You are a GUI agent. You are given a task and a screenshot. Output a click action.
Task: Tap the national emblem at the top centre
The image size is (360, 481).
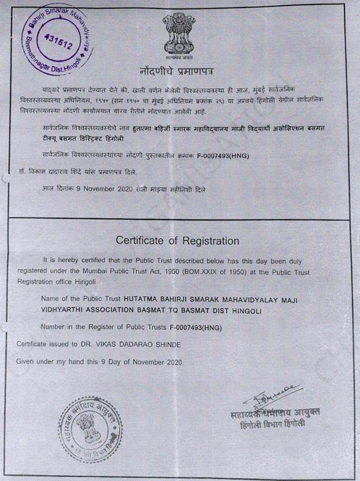(179, 33)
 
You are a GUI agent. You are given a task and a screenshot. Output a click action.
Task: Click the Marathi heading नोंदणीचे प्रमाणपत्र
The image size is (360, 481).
(179, 72)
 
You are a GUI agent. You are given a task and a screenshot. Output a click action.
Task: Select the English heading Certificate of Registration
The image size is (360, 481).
(177, 240)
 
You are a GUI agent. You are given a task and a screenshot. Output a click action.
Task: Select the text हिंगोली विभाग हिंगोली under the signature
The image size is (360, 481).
(272, 423)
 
